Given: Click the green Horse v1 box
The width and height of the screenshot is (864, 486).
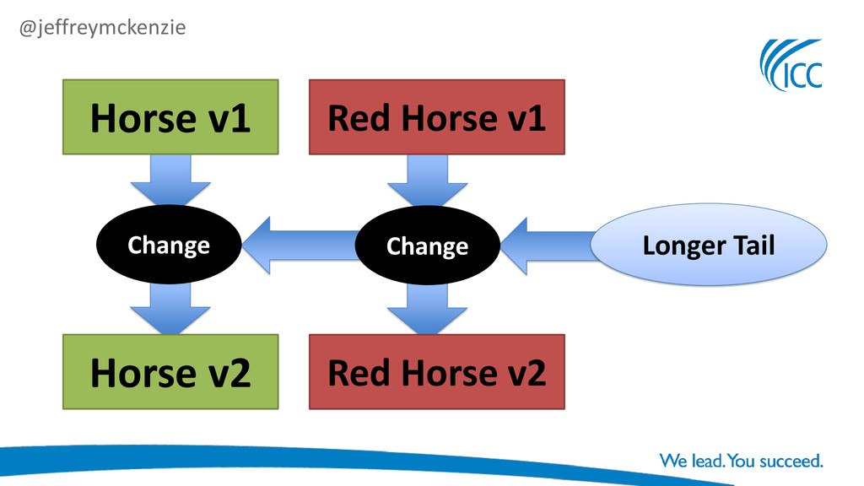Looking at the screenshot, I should (x=170, y=117).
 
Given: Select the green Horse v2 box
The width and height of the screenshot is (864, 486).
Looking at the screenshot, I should (x=170, y=372).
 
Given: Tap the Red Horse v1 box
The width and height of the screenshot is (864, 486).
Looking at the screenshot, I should (x=436, y=117).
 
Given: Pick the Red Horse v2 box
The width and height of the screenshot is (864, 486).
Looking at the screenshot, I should (x=436, y=372).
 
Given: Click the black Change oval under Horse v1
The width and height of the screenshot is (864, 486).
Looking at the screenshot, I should (x=169, y=245).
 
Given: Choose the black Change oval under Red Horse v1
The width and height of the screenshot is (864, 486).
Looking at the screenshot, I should (x=427, y=246).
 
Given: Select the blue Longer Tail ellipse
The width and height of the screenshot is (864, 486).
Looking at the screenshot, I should (x=708, y=246).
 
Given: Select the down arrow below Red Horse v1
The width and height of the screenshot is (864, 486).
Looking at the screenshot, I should (x=427, y=179).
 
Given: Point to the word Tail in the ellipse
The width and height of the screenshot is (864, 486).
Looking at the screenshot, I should (x=751, y=246).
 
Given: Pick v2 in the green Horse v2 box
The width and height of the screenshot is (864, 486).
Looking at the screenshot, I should (x=228, y=373).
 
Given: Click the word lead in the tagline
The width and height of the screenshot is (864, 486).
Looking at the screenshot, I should (x=705, y=462).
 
